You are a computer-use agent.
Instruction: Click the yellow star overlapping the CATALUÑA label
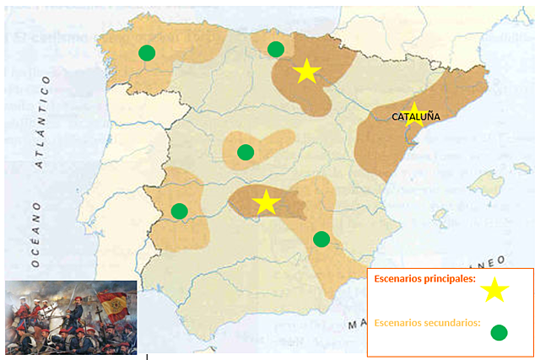pyautogui.click(x=413, y=114)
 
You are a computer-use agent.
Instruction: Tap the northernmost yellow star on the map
pyautogui.click(x=306, y=72)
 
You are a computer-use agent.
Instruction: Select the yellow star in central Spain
pyautogui.click(x=267, y=202)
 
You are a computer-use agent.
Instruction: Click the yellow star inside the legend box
pyautogui.click(x=494, y=290)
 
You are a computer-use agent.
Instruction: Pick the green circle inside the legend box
pyautogui.click(x=499, y=332)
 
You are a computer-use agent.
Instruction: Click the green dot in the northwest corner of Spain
pyautogui.click(x=147, y=52)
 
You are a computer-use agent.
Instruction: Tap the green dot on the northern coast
pyautogui.click(x=275, y=49)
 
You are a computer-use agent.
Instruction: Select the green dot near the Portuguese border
pyautogui.click(x=179, y=211)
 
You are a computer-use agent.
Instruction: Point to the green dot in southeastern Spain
pyautogui.click(x=321, y=239)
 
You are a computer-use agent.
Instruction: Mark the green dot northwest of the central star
pyautogui.click(x=246, y=152)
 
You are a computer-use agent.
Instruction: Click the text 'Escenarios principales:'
pyautogui.click(x=424, y=279)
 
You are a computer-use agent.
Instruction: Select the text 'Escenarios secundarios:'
pyautogui.click(x=426, y=322)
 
